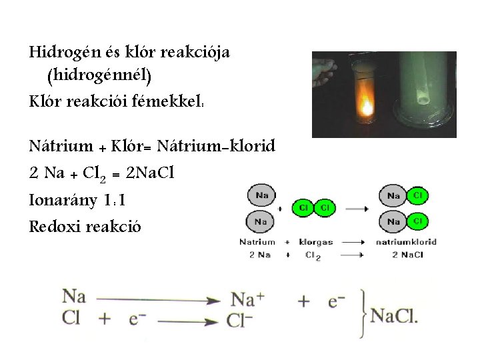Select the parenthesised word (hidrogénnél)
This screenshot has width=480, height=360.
99,77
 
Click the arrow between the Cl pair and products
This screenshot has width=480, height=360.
357,208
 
